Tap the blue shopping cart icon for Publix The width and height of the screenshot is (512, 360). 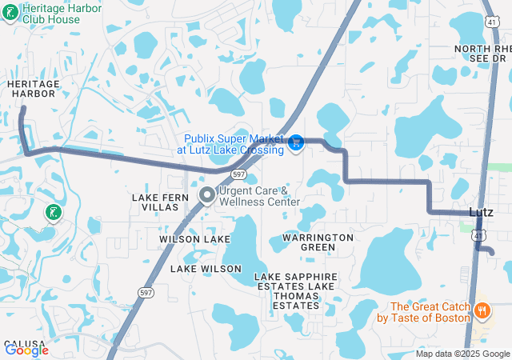pyautogui.click(x=296, y=142)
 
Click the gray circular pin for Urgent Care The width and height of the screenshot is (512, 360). pyautogui.click(x=207, y=195)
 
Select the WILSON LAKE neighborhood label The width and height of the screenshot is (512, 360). pyautogui.click(x=194, y=239)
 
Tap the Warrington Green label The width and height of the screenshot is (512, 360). pyautogui.click(x=318, y=242)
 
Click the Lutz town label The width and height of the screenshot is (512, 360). pyautogui.click(x=480, y=212)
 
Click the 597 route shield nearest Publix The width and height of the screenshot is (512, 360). pyautogui.click(x=238, y=173)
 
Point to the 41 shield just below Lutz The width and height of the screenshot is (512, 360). pyautogui.click(x=477, y=235)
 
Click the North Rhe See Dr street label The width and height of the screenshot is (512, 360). pyautogui.click(x=482, y=54)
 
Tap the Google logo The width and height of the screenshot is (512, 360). pyautogui.click(x=26, y=350)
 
